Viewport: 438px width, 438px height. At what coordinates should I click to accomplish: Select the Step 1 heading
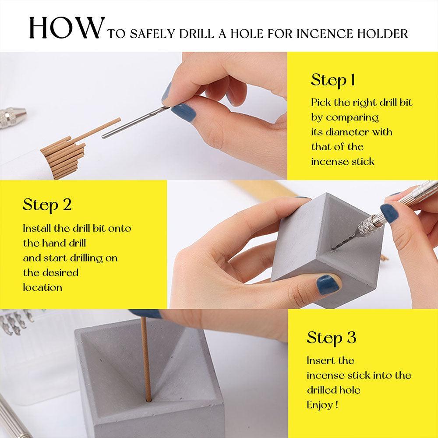tap(333, 80)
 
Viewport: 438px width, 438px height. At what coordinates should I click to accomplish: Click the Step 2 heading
tap(47, 205)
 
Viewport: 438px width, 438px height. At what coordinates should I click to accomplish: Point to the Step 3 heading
tap(331, 338)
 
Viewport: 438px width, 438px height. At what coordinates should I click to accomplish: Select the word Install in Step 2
tap(36, 228)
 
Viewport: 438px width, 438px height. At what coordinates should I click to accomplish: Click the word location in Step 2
tap(42, 287)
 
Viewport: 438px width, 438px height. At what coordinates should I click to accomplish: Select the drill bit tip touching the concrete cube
tap(334, 250)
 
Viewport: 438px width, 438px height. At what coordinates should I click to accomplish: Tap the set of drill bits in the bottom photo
tap(15, 322)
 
